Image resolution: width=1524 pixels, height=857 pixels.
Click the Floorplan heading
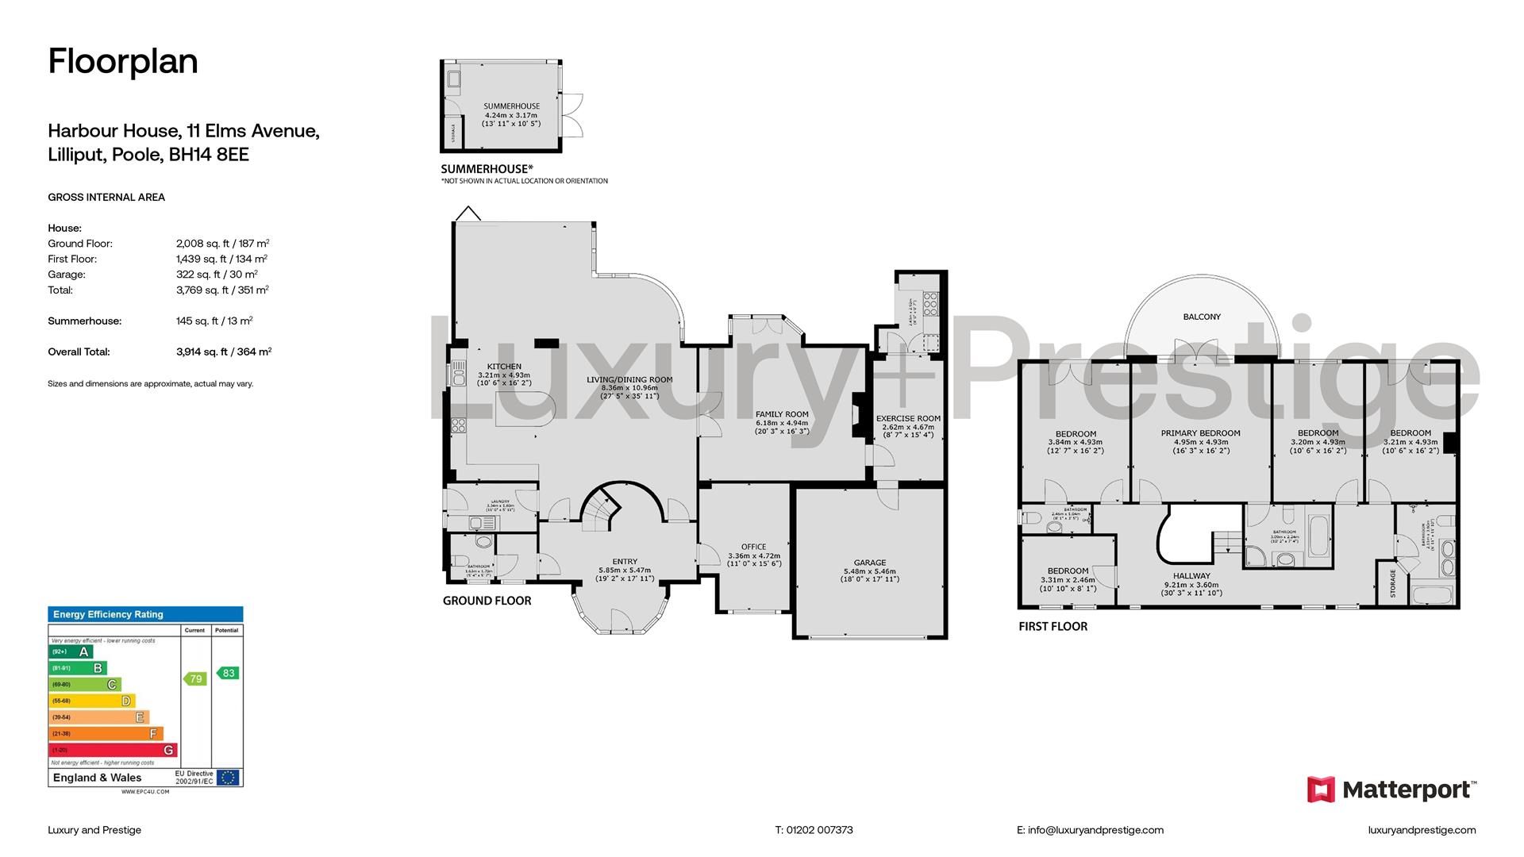click(x=123, y=62)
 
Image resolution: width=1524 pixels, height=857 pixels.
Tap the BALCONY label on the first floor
click(x=1202, y=317)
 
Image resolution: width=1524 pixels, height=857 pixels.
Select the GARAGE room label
click(x=870, y=563)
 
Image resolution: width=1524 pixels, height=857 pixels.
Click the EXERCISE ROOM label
click(x=908, y=418)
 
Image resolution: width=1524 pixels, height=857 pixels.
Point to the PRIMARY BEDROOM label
click(x=1200, y=433)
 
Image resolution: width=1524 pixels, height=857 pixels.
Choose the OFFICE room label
click(x=753, y=547)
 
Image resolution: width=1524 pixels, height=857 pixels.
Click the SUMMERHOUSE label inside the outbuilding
click(x=512, y=106)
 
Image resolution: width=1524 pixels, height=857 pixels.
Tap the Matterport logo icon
click(x=1321, y=790)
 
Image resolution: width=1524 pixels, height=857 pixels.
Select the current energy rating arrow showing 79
click(x=195, y=678)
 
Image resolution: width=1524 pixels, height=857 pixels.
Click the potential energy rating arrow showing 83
click(x=228, y=673)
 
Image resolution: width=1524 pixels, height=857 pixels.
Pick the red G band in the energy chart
click(x=113, y=750)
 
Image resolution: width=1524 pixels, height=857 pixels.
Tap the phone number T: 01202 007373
click(x=814, y=830)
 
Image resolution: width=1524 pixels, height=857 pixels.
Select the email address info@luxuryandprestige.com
click(x=1090, y=830)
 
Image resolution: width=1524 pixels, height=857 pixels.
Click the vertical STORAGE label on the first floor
click(x=1392, y=583)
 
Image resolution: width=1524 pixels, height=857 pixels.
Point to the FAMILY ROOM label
click(x=782, y=414)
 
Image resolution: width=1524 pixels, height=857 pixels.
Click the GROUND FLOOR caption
click(x=487, y=601)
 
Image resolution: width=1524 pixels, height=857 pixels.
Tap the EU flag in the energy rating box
click(x=228, y=778)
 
